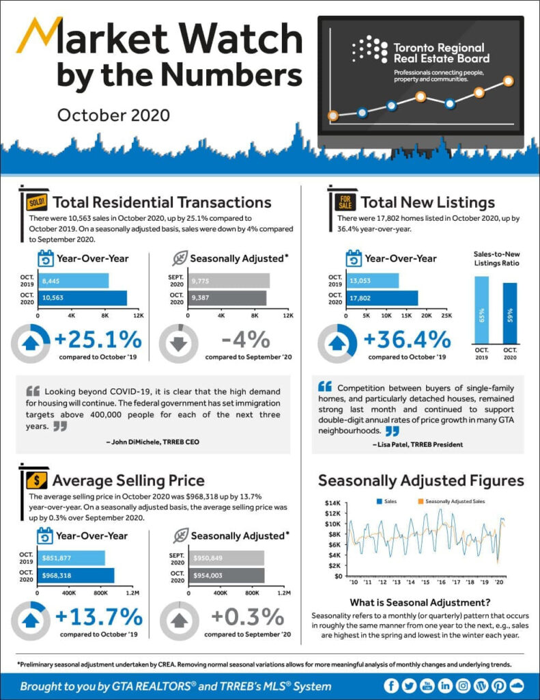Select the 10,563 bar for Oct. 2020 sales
tap(83, 298)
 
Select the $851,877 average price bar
tap(72, 557)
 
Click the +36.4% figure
tap(407, 339)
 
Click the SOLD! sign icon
tap(35, 202)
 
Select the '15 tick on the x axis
tap(425, 582)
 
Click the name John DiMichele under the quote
tap(133, 442)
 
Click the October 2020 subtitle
tap(113, 114)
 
